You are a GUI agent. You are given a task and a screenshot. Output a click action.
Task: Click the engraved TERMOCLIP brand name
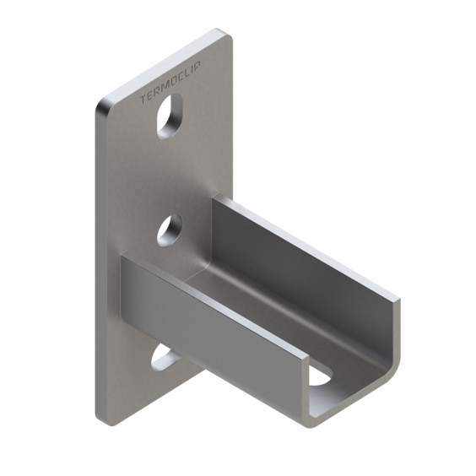[x=170, y=82]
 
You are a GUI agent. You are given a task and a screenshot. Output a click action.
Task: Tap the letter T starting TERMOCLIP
[x=143, y=100]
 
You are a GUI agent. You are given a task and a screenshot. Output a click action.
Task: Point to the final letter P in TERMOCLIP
[x=197, y=66]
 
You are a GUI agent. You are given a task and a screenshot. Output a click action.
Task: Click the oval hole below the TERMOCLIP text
[x=170, y=116]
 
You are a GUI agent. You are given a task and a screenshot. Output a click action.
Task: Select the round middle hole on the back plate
[x=170, y=230]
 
